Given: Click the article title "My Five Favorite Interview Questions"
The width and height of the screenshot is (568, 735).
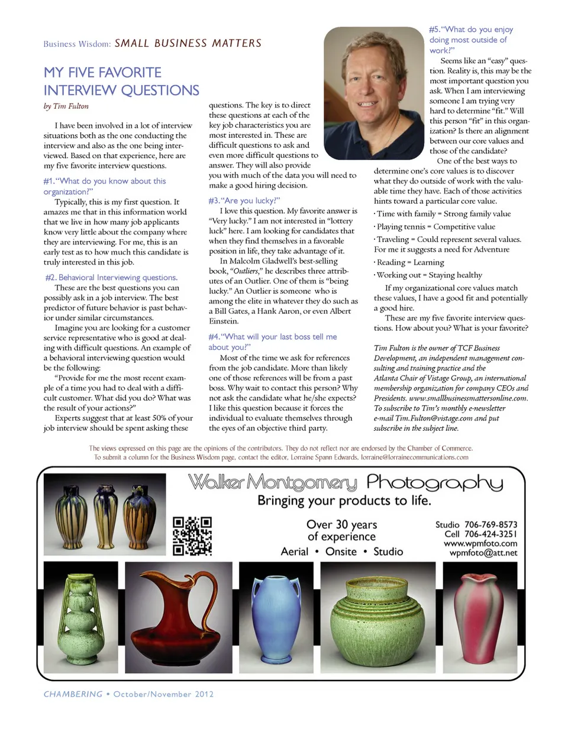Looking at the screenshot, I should point(121,82).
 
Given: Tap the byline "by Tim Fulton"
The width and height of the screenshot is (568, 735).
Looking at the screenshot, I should point(66,107).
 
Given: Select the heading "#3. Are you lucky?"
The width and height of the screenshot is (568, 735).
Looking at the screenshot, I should point(244,201).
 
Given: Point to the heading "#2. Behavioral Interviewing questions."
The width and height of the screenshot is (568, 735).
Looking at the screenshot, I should point(111,278).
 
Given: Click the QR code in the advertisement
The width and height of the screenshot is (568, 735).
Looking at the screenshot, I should point(192,536).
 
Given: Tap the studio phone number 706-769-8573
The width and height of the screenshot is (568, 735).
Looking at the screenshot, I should point(490,524).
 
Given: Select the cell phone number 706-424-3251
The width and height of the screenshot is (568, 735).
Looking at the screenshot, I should point(490,534).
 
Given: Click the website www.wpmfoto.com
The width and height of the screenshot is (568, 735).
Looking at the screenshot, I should point(480,543).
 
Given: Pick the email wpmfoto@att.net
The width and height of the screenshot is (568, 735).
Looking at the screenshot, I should point(483,553).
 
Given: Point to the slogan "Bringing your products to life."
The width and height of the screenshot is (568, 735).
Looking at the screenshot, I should point(344,501).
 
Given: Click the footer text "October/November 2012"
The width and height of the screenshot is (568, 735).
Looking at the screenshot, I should point(163,694).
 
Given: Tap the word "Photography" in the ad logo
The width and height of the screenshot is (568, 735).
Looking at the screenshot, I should point(435,483).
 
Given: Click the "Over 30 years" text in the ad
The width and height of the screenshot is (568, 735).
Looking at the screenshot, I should point(341,524).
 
